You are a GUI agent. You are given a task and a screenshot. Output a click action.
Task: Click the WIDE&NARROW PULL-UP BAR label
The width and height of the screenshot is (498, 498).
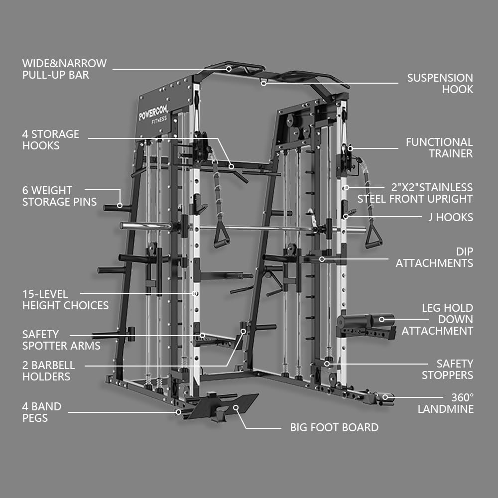click(64, 69)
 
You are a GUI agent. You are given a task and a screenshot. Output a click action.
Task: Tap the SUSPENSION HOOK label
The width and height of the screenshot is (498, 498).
click(440, 84)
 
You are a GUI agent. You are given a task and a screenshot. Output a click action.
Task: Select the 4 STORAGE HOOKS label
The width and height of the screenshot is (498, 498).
click(50, 140)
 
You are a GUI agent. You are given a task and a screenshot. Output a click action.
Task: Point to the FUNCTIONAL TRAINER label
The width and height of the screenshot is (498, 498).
click(439, 148)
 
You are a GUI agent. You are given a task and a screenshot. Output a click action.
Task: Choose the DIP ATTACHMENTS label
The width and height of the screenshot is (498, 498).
click(434, 257)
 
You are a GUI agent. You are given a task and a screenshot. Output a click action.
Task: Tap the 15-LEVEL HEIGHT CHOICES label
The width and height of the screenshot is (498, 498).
click(65, 300)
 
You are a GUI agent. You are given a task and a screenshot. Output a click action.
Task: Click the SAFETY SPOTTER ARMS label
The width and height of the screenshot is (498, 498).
click(61, 340)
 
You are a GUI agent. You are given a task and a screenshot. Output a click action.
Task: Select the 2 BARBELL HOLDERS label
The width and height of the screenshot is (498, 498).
click(48, 371)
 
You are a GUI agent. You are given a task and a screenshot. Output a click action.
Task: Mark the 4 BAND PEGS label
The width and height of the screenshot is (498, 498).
click(42, 412)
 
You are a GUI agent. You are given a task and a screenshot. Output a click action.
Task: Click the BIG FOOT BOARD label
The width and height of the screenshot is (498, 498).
click(334, 427)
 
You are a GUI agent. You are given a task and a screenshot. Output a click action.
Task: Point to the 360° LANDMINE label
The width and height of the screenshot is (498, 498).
click(445, 403)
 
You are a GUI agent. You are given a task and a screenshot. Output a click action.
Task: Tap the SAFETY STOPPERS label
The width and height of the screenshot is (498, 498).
click(447, 370)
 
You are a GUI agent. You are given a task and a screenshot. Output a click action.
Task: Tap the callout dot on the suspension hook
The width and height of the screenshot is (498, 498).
click(264, 83)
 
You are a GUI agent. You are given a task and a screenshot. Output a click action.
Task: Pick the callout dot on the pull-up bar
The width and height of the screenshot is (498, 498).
click(229, 69)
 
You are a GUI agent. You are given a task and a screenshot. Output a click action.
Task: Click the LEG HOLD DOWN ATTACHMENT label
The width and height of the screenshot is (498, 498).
click(437, 319)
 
